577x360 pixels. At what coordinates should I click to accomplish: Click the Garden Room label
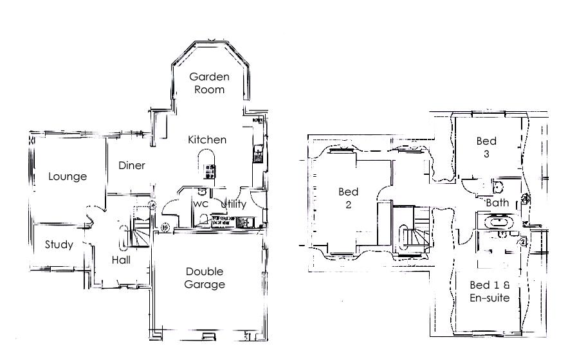[209, 83]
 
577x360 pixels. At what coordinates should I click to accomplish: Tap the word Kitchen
[207, 139]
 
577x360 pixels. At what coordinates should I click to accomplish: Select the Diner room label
[132, 165]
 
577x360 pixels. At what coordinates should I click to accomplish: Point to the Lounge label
[68, 176]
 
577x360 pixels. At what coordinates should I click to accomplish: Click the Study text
[59, 245]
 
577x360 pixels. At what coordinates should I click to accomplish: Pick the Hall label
[121, 260]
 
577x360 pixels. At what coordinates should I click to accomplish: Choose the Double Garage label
[205, 278]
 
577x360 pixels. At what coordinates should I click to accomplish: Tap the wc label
[201, 204]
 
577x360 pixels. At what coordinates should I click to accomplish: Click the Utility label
[234, 204]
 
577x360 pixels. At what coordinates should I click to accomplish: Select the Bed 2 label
[348, 199]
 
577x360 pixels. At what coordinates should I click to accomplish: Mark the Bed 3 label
[486, 147]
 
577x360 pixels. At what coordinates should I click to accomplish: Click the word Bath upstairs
[497, 203]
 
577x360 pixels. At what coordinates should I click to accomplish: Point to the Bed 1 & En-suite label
[490, 291]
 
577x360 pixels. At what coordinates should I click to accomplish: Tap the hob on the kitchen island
[209, 171]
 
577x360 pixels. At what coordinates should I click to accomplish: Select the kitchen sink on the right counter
[258, 152]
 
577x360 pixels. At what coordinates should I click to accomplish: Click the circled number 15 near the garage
[165, 226]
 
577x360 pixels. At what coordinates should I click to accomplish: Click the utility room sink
[244, 222]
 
